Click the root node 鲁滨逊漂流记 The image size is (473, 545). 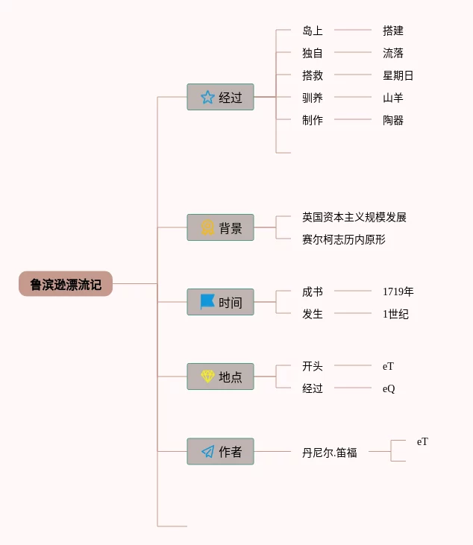[x=66, y=284]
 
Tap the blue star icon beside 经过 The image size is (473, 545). [x=207, y=97]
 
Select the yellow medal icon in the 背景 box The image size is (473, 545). [x=207, y=227]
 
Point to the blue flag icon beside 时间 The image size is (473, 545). [x=207, y=302]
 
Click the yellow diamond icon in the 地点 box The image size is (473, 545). [x=207, y=377]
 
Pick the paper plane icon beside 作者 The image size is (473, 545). [x=207, y=452]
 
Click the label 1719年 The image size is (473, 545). [x=398, y=292]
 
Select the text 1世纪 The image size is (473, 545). [x=395, y=314]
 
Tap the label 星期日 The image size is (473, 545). [x=398, y=75]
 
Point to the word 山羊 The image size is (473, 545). [x=393, y=98]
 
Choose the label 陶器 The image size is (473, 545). [x=393, y=120]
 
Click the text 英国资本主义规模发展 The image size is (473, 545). [x=354, y=217]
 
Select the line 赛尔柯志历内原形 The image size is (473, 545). [x=343, y=239]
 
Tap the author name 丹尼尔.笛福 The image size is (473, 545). [x=329, y=452]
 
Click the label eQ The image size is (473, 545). [x=389, y=388]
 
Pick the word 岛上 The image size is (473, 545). [x=313, y=31]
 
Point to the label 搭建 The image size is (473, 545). [x=393, y=31]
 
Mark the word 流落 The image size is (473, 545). [x=393, y=53]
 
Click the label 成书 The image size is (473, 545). [x=313, y=292]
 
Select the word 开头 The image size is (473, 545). [x=313, y=366]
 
